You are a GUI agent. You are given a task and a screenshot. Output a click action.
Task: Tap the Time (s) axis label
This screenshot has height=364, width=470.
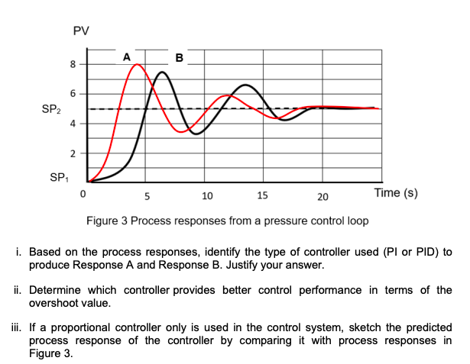click(x=395, y=194)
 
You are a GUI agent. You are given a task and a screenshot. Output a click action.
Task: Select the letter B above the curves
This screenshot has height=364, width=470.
click(x=179, y=57)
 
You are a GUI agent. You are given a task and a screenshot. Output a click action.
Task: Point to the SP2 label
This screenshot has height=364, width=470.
click(x=51, y=109)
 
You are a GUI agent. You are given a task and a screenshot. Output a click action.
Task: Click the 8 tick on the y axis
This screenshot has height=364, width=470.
click(x=71, y=64)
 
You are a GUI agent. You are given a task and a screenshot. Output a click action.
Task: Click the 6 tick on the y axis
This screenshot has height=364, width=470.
click(x=71, y=93)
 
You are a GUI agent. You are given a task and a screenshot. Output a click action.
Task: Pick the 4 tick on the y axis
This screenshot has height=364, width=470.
click(x=71, y=123)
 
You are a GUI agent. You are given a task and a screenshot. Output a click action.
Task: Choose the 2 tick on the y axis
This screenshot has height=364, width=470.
click(x=71, y=153)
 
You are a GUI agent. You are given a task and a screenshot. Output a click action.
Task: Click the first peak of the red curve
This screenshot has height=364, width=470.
click(x=137, y=65)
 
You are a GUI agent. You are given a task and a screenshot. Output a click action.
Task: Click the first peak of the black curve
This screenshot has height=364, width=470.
click(x=162, y=72)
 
